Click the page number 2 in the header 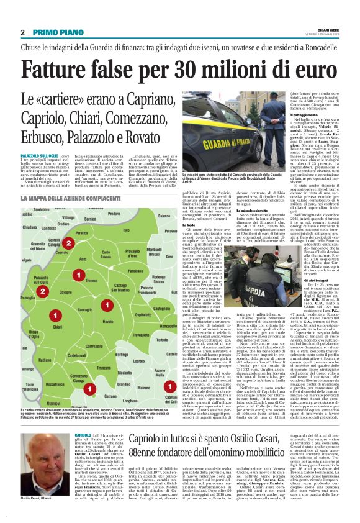click(x=22, y=33)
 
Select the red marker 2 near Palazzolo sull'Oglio click(x=42, y=291)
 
